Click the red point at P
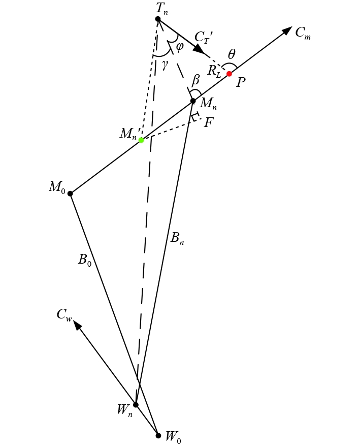tap(229, 74)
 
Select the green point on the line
tap(141, 140)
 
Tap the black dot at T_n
tap(158, 19)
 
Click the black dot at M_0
tap(70, 194)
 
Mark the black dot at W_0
tap(158, 435)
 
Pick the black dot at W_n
tap(136, 405)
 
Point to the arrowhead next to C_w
tap(77, 325)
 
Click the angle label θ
tap(232, 55)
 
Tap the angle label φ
tap(179, 46)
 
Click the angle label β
tap(196, 80)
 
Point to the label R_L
tap(214, 71)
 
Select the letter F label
tap(208, 122)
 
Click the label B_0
tap(84, 260)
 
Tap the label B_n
tap(177, 238)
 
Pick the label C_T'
tap(204, 37)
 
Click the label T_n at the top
tap(162, 8)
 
